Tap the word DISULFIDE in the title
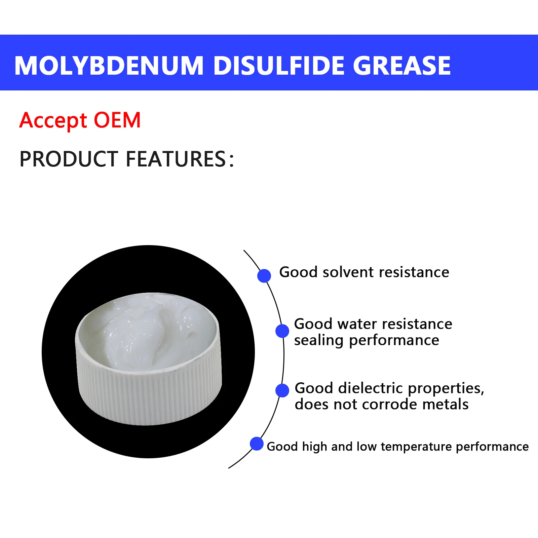[x=279, y=65]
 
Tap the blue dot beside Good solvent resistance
[x=264, y=276]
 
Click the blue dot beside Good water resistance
[x=282, y=331]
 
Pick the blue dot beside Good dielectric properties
[x=282, y=390]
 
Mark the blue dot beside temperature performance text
[x=257, y=444]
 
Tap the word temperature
[x=416, y=447]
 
